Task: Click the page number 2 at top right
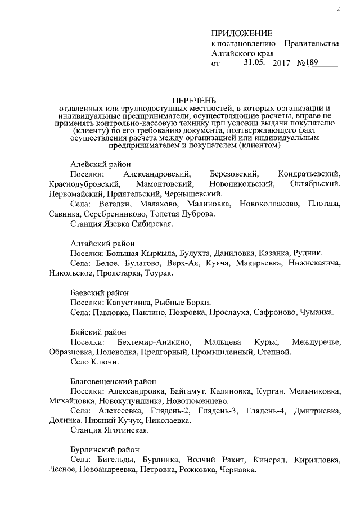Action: pyautogui.click(x=337, y=9)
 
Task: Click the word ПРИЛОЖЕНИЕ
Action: pyautogui.click(x=242, y=34)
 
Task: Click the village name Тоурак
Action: pyautogui.click(x=159, y=274)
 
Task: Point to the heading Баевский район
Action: pyautogui.click(x=100, y=293)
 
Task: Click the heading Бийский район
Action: pyautogui.click(x=98, y=332)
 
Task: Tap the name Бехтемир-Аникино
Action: pyautogui.click(x=155, y=342)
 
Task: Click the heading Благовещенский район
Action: pyautogui.click(x=115, y=381)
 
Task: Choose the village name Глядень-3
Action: pyautogui.click(x=228, y=411)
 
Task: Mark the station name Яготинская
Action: pyautogui.click(x=125, y=430)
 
